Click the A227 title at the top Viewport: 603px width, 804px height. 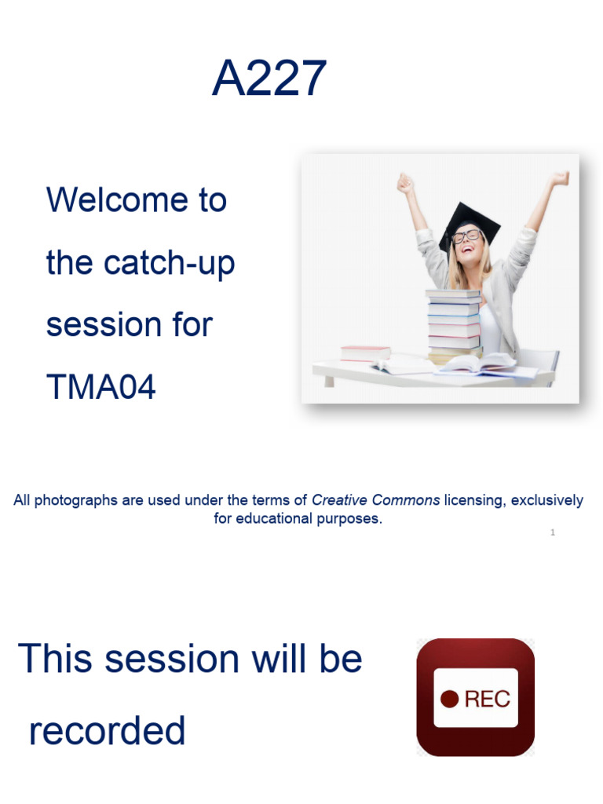point(269,79)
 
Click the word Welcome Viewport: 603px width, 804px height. point(137,199)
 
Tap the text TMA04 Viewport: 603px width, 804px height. point(101,386)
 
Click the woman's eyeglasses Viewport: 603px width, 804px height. point(466,236)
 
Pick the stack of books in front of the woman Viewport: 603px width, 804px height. point(453,323)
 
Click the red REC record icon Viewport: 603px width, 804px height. point(475,697)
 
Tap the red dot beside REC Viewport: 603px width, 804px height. point(449,699)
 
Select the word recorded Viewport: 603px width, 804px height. point(108,731)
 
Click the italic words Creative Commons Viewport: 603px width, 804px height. point(375,500)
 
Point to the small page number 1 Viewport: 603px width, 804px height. point(553,532)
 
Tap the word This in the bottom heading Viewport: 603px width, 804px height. point(54,658)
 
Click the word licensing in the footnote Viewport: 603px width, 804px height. point(473,500)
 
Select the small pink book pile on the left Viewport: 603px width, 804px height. point(365,353)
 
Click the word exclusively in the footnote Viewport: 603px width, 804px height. point(547,500)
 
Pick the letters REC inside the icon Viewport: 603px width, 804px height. point(487,699)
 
